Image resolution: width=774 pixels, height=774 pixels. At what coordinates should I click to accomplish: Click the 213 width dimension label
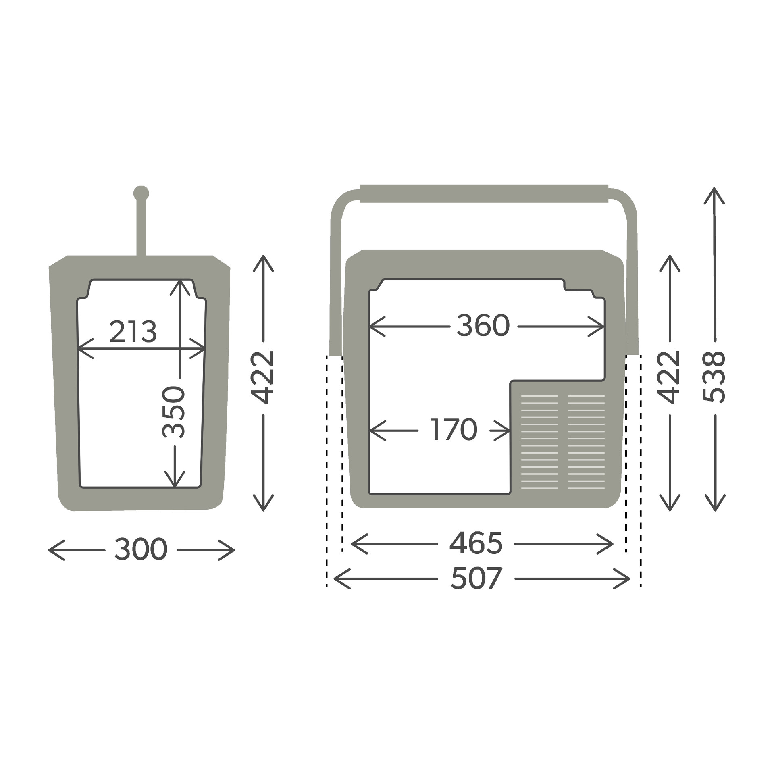(133, 332)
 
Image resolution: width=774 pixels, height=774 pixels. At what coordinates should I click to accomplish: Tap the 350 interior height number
(174, 412)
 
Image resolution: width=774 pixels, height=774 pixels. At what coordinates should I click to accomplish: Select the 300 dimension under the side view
(141, 549)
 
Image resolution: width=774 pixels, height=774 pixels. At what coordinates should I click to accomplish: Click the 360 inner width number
(483, 326)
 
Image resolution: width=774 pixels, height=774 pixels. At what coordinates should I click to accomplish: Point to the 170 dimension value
(454, 430)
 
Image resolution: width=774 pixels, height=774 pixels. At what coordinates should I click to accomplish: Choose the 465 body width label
(476, 543)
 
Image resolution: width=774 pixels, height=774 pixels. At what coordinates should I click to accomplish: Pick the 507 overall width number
(476, 578)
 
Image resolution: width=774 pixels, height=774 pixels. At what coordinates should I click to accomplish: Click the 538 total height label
(714, 377)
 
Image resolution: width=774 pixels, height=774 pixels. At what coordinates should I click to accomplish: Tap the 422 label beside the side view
(262, 377)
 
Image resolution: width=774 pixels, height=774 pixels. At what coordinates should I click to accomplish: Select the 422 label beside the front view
(669, 377)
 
